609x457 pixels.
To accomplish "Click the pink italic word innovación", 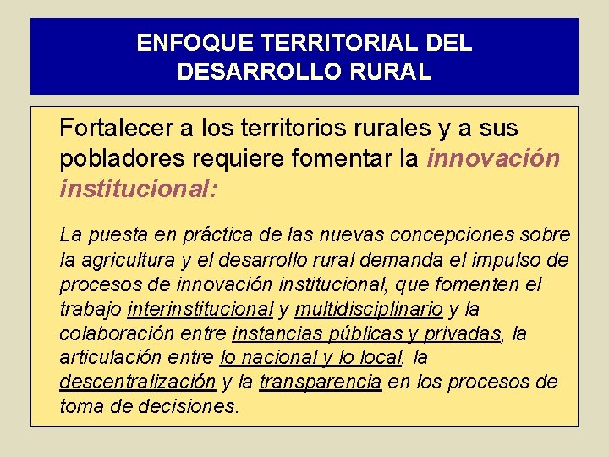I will click(494, 158).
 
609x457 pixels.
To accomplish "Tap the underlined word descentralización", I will click(138, 383).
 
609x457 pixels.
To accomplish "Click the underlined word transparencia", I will click(321, 383).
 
